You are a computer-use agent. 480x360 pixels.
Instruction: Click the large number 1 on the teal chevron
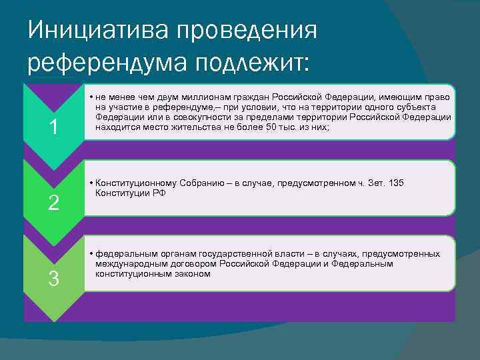[x=53, y=127]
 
